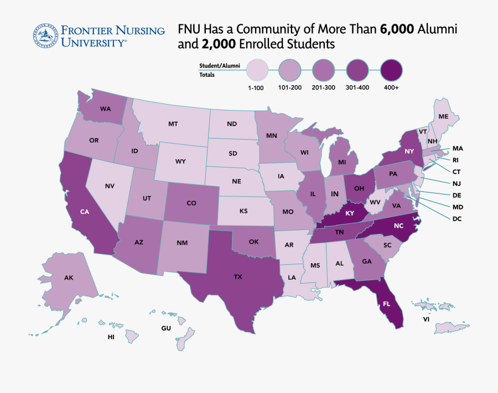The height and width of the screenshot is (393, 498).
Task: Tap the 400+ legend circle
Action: pyautogui.click(x=391, y=70)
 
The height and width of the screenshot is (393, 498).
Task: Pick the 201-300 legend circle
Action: pyautogui.click(x=324, y=70)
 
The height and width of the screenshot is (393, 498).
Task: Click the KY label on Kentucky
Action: pyautogui.click(x=350, y=213)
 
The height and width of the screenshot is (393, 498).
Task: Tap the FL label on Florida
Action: pyautogui.click(x=386, y=303)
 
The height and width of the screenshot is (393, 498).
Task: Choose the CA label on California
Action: pyautogui.click(x=84, y=212)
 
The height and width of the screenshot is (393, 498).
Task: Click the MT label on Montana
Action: pyautogui.click(x=173, y=124)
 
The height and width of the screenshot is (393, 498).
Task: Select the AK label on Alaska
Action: pyautogui.click(x=69, y=277)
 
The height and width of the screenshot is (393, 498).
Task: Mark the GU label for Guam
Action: pyautogui.click(x=166, y=328)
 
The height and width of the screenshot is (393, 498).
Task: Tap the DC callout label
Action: pyautogui.click(x=456, y=218)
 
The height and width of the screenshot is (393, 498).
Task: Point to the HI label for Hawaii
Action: pyautogui.click(x=111, y=336)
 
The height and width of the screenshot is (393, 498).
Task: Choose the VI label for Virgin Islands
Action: pyautogui.click(x=426, y=319)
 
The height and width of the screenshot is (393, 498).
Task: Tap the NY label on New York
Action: pyautogui.click(x=409, y=151)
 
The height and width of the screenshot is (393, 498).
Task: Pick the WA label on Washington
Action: pyautogui.click(x=106, y=109)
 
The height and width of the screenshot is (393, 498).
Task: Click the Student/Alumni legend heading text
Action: pyautogui.click(x=220, y=66)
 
